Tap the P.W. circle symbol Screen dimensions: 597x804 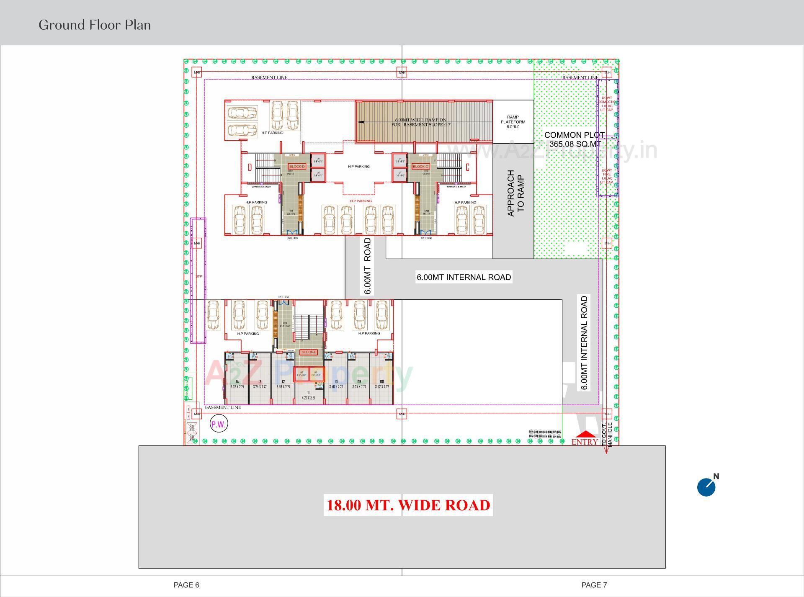coord(218,425)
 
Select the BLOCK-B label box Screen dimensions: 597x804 coord(309,352)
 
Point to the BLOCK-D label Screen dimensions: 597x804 coord(297,167)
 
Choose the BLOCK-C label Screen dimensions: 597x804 coord(420,167)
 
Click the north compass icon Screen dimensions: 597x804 coord(707,486)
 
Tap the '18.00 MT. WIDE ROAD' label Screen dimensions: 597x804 coord(408,505)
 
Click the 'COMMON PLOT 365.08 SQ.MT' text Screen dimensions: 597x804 coord(575,139)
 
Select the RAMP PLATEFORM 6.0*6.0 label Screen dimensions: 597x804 coord(513,122)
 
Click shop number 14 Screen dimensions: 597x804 coord(237,382)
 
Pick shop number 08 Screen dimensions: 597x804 coord(382,382)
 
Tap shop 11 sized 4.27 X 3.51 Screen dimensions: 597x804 coord(308,395)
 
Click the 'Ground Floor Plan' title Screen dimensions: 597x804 coord(95,25)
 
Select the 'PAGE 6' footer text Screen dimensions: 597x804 coord(186,585)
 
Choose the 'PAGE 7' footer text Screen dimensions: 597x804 coord(594,585)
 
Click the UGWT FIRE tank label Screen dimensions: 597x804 coord(607,176)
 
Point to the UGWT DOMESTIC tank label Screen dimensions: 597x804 coord(607,104)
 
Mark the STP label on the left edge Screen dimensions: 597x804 coord(198,276)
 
